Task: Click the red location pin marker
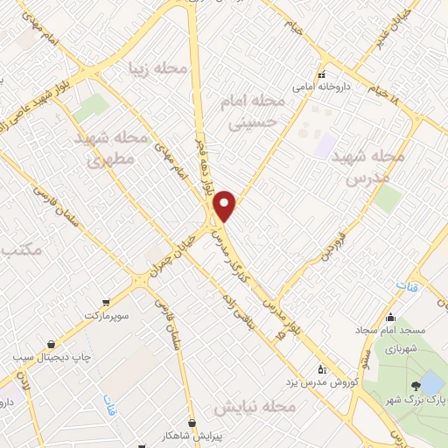226,206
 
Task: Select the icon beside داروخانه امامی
321,75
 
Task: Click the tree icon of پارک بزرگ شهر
414,384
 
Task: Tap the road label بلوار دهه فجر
199,165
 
